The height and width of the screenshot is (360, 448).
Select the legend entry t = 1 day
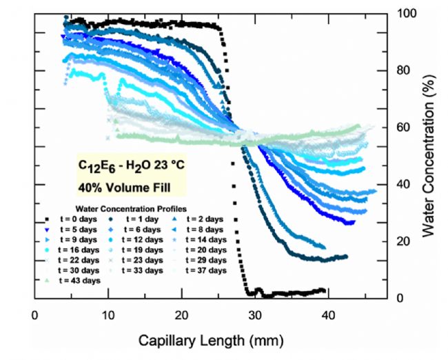click(x=141, y=218)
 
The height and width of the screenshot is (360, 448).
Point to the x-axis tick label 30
click(x=255, y=315)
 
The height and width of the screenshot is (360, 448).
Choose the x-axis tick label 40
click(x=329, y=315)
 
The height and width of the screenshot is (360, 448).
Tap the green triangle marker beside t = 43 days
click(x=45, y=281)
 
